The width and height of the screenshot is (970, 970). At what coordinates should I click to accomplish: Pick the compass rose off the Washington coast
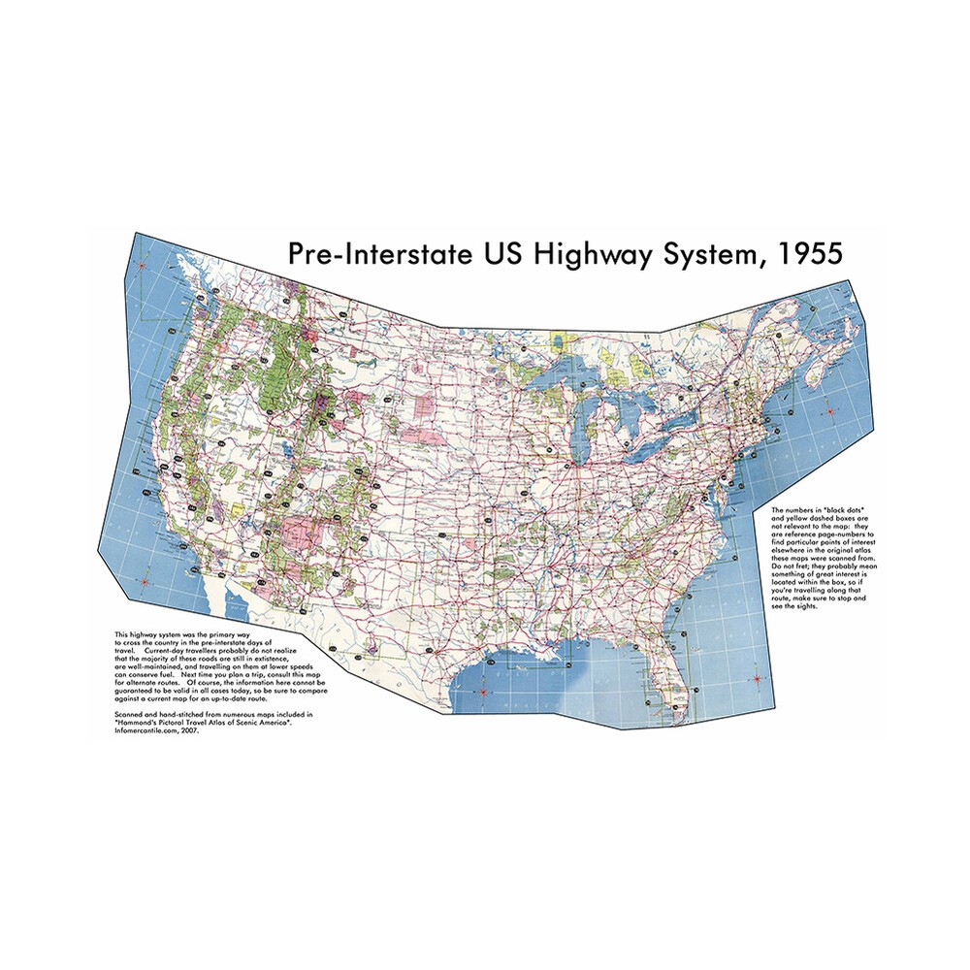point(142,264)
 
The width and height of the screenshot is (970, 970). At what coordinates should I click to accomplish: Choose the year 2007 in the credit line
point(195,729)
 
